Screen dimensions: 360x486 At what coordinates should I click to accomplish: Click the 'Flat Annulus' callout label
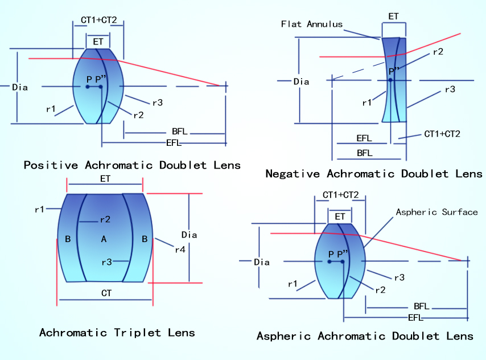tap(312, 24)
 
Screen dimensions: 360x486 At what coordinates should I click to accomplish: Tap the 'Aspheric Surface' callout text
tap(436, 212)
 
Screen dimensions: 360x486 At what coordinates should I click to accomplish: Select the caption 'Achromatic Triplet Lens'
tap(117, 333)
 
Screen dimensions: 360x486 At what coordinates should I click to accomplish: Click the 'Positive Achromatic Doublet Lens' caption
tap(132, 165)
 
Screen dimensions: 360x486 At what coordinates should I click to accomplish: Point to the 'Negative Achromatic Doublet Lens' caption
tap(374, 173)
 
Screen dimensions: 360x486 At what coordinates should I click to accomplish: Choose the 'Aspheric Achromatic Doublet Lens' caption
tap(365, 336)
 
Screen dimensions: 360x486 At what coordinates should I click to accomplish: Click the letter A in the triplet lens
tap(104, 239)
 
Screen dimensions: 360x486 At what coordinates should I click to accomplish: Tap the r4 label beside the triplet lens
tap(180, 248)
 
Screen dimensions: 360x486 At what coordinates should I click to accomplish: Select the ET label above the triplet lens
tap(105, 178)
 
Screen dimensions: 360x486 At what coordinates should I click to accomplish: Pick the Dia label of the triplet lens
tap(189, 235)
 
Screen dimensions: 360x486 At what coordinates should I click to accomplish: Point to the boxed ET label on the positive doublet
tap(98, 41)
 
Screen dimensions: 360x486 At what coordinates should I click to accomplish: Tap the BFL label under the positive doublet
tap(179, 132)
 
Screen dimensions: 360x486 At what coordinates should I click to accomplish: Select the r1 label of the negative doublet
tap(367, 103)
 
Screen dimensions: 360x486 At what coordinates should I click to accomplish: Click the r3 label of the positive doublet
tap(157, 103)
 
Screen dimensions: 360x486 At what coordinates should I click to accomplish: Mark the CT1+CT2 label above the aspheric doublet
tap(340, 195)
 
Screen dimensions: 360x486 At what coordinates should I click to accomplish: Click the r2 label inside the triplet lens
tap(105, 219)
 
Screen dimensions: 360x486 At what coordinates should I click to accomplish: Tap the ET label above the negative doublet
tap(393, 17)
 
